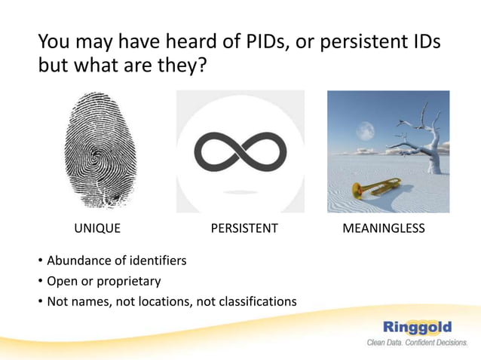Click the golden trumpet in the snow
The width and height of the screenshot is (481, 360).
pos(375,189)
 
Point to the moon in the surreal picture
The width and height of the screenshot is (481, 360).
pos(366,131)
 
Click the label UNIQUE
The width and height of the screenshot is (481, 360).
pos(97,228)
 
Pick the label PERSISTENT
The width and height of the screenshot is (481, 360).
pos(244,228)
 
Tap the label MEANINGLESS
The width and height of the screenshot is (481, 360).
pos(383,228)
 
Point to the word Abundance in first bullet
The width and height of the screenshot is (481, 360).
pos(79,261)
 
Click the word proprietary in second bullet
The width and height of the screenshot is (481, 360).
pos(127,282)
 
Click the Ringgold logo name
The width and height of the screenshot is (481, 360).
pos(417,327)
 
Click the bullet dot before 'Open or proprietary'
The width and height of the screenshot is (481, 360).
pos(40,282)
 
